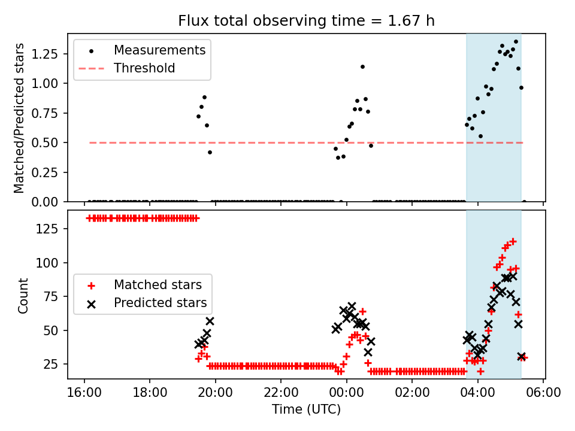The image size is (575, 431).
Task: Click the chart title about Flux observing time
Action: tap(306, 21)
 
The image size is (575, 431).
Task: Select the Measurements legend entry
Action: tap(159, 50)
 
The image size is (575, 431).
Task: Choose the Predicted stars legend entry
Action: tap(161, 302)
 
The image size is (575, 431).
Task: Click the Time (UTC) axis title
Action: tap(306, 410)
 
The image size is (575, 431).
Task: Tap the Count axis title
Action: tap(23, 295)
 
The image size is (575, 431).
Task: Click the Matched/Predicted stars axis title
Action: tap(20, 118)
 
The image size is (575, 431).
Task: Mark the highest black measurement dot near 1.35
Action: tap(516, 42)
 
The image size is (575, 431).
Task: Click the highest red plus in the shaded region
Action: tap(513, 241)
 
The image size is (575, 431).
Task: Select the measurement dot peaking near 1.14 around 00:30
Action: tap(362, 66)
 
